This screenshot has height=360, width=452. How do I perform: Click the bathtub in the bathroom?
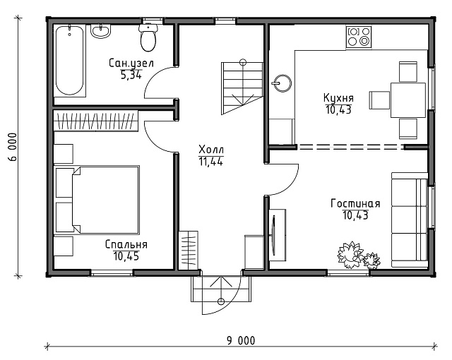70,60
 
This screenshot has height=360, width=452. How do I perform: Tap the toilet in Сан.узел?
148,37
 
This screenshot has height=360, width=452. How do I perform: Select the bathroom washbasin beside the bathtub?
100,31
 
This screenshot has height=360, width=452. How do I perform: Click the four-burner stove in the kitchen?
359,37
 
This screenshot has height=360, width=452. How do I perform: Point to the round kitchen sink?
282,83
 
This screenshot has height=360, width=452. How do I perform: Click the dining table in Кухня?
408,100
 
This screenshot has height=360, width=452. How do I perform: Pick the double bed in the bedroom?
105,200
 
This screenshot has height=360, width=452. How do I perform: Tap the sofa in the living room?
410,220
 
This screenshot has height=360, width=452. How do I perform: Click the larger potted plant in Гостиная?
350,255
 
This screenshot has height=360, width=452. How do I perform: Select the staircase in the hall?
242,88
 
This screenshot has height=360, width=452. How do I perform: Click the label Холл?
211,150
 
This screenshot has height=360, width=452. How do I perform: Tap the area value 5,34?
131,75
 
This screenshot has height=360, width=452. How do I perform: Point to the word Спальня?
126,244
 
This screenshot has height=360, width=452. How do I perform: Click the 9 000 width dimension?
241,341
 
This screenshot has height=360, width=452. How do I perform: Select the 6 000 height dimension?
13,147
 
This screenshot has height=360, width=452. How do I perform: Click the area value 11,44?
210,162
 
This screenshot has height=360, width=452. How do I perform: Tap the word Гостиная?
355,203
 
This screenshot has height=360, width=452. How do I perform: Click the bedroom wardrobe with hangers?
96,121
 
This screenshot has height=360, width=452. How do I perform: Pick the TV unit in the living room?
278,235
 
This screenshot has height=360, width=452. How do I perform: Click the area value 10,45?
126,256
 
